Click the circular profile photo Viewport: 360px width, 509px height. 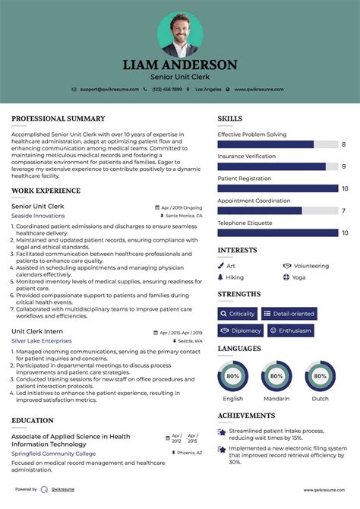pos(179,34)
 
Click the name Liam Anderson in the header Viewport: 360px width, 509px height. pos(180,65)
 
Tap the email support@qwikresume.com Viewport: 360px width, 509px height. pos(109,89)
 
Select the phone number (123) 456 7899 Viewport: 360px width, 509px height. pos(167,89)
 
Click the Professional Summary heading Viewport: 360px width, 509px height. pos(58,119)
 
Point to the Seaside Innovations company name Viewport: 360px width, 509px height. pos(38,216)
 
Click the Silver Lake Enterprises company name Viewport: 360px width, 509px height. pos(42,341)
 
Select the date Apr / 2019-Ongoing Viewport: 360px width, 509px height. pos(181,207)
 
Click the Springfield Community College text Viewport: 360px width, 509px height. pos(53,453)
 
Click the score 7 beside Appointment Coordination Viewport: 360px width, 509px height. pos(344,211)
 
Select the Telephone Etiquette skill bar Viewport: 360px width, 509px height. pos(278,233)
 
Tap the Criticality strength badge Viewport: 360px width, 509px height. pos(238,314)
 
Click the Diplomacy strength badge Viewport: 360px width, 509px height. pos(241,330)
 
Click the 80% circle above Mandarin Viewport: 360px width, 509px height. pos(276,376)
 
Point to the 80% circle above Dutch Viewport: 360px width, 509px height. pos(321,376)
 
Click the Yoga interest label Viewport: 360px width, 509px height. pos(298,277)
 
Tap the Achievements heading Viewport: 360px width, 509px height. pos(246,416)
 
